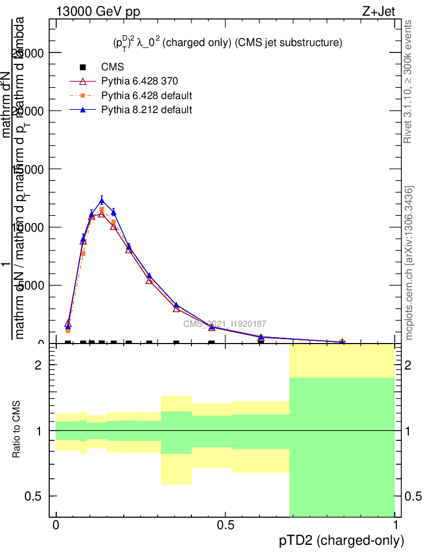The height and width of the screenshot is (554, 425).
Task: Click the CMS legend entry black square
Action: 83,68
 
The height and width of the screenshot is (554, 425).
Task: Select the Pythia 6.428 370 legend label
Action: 140,82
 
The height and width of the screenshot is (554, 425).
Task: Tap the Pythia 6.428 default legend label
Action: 147,96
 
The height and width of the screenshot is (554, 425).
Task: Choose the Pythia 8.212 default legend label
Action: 147,110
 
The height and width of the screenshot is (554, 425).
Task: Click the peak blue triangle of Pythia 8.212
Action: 102,201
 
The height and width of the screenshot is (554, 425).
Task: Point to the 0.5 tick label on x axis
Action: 225,525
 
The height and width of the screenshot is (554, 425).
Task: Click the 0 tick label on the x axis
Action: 56,525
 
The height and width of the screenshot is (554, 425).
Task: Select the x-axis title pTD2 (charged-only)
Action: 341,540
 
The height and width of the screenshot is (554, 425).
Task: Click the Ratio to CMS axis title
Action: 17,430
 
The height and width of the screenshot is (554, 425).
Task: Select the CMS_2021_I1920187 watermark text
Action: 224,324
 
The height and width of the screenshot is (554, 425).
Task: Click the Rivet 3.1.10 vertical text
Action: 408,81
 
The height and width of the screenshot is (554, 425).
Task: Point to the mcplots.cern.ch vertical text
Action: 409,262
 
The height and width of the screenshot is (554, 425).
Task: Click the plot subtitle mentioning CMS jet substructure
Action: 224,43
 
